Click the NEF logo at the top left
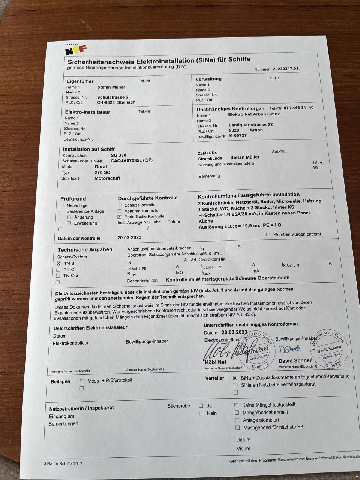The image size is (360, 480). coord(76,49)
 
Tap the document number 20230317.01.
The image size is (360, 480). coord(286,69)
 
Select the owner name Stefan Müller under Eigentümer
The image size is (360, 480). coord(111,87)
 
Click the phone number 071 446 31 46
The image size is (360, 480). coord(298,108)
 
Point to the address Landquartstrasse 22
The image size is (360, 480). coord(250,125)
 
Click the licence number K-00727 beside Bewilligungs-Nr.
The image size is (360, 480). coord(238,136)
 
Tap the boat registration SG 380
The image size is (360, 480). coord(118,155)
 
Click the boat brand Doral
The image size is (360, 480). coord(100,167)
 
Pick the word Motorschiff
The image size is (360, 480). coord(107,178)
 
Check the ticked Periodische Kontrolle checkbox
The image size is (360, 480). coord(120,217)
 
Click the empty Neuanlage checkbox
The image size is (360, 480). coord(61,205)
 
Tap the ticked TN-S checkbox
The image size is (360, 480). coord(58,264)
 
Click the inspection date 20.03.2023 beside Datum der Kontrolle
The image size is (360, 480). coord(129,237)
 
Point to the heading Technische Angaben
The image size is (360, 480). coord(85,250)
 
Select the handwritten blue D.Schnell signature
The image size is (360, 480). coord(290,349)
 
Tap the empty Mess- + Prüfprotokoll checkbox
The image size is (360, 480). coord(82,381)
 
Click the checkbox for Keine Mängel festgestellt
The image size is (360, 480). coord(237,405)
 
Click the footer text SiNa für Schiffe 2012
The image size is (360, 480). coord(63,463)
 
